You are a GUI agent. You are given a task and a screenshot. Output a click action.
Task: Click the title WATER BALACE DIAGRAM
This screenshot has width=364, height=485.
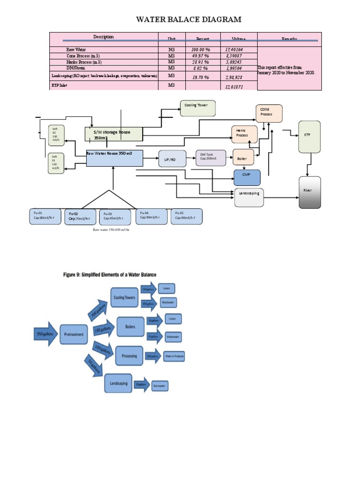click(189, 19)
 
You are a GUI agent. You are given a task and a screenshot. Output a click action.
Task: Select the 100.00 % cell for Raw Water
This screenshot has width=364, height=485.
click(200, 49)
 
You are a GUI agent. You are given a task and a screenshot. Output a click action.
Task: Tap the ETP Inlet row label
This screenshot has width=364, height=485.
click(59, 85)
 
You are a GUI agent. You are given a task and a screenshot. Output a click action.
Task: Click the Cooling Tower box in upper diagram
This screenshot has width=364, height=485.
click(198, 108)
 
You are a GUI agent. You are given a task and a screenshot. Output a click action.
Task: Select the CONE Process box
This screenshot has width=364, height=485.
click(269, 114)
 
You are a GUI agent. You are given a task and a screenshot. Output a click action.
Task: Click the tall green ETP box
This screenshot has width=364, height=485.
click(309, 136)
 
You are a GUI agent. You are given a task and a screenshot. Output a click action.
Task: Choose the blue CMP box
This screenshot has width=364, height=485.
click(247, 177)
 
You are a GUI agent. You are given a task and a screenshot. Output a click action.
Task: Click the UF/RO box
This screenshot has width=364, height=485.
click(170, 160)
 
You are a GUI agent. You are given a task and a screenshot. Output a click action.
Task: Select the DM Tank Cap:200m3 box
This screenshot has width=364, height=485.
click(211, 158)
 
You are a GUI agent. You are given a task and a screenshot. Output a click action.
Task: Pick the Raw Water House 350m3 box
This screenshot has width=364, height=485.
click(114, 158)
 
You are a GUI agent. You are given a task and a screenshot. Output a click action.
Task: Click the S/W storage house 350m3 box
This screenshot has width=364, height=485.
click(114, 134)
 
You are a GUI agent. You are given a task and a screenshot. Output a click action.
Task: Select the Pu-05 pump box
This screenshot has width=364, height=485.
click(186, 216)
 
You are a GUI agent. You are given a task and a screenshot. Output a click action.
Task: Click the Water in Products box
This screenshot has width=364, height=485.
click(174, 356)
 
